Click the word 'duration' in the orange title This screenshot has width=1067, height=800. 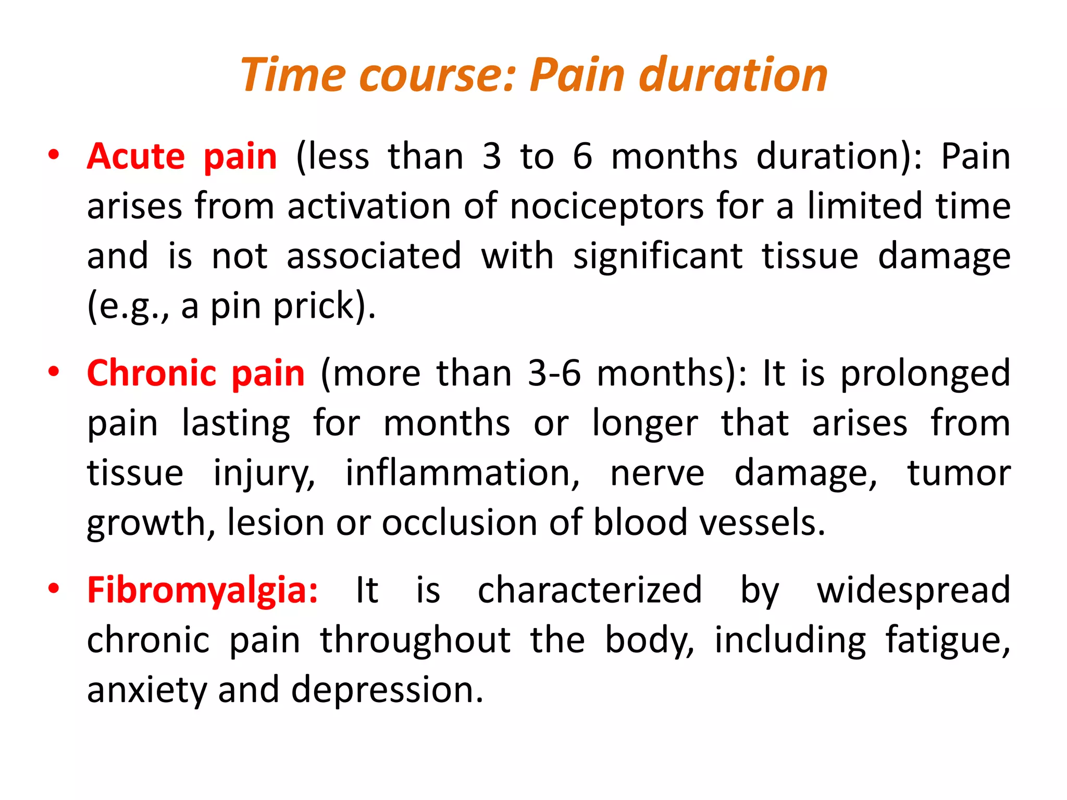pos(733,76)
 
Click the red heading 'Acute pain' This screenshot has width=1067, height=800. pos(182,156)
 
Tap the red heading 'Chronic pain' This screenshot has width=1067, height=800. pos(195,373)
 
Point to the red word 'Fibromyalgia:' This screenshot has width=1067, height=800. pos(202,590)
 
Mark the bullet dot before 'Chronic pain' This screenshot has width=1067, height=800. pos(53,372)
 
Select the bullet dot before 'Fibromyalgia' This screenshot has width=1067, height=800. pos(53,589)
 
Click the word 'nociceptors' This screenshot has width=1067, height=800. pos(606,206)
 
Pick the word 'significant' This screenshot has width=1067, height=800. pos(658,256)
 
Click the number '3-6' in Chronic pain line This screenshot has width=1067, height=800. pos(554,373)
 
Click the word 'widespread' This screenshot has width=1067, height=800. pos(913,590)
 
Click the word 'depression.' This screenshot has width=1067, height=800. pos(387,690)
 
